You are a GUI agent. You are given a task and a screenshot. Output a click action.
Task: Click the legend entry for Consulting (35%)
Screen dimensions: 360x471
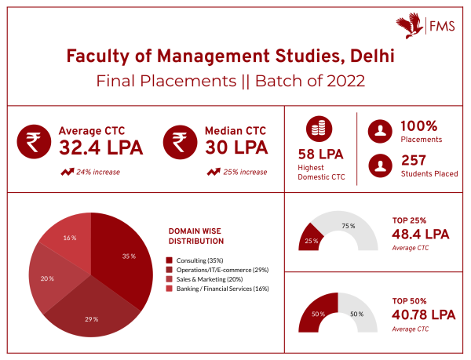click(209, 260)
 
